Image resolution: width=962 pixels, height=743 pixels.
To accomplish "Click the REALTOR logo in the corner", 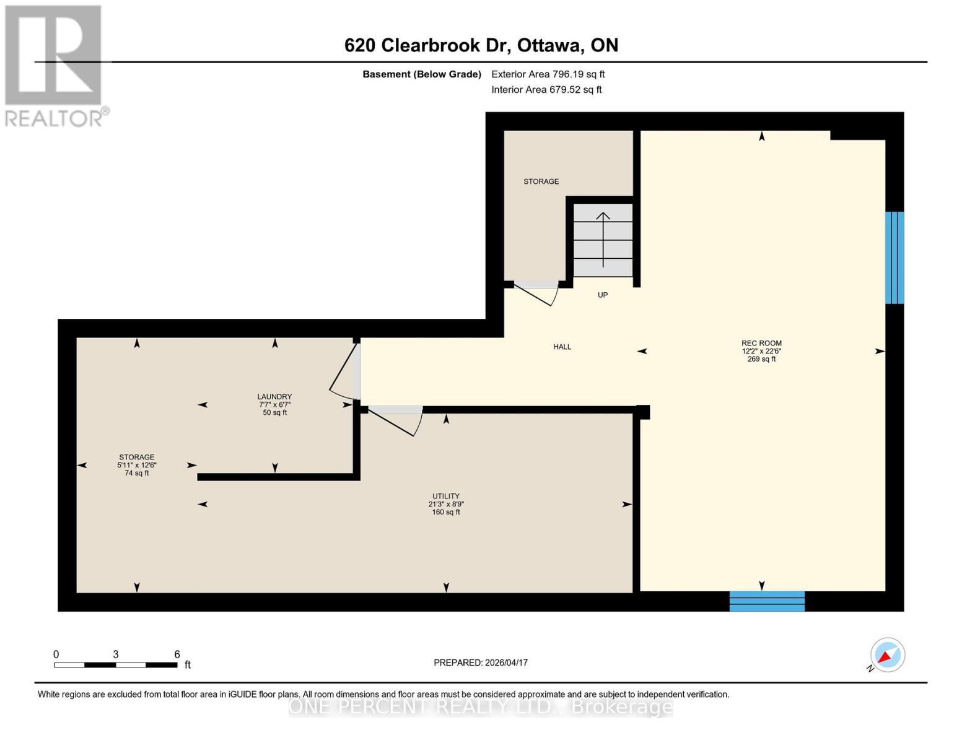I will click(x=55, y=66).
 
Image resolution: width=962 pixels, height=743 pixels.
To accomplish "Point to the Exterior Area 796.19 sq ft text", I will click(x=548, y=74).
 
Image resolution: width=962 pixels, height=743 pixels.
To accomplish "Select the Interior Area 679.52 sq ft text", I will click(x=546, y=90).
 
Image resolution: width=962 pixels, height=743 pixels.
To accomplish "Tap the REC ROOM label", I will click(x=761, y=343).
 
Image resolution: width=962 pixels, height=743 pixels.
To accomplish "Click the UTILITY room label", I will click(x=445, y=496).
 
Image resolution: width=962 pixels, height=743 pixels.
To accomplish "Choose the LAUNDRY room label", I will click(x=274, y=397).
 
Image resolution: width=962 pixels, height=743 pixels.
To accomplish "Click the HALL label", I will click(x=562, y=347).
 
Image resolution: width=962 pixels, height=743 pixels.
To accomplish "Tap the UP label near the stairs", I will click(x=602, y=295).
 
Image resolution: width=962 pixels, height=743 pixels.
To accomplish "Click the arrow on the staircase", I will click(x=603, y=238).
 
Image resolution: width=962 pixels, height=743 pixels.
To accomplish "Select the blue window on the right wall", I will click(x=894, y=258).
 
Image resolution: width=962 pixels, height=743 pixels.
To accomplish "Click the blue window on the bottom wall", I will click(x=767, y=601).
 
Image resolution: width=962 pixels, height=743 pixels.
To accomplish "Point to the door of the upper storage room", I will click(x=536, y=293).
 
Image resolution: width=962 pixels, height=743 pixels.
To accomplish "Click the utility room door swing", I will click(x=396, y=420).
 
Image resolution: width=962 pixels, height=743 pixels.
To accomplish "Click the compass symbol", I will click(x=887, y=655).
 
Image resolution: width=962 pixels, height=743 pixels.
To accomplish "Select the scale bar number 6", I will click(x=177, y=654).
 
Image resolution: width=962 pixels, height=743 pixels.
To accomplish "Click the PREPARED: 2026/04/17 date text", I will click(x=481, y=663).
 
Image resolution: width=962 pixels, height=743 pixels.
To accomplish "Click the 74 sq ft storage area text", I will click(x=137, y=473).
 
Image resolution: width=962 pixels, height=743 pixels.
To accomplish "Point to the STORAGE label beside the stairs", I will click(x=541, y=181).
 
